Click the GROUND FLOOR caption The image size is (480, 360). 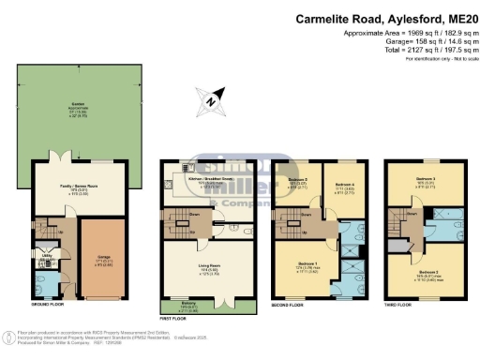pos(49,305)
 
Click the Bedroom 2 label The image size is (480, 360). pos(427,250)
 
